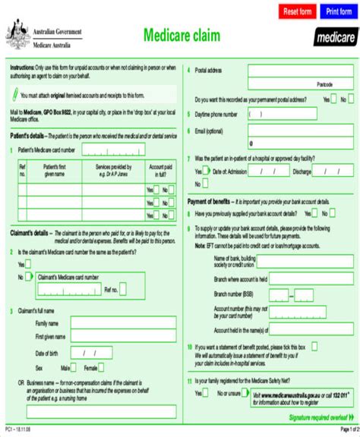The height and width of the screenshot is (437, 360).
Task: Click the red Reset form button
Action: coord(298,12)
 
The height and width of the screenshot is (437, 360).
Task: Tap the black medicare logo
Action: coord(335,36)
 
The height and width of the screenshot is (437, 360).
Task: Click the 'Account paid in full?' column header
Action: coord(162,169)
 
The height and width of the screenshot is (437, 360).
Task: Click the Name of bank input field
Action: coord(299,262)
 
